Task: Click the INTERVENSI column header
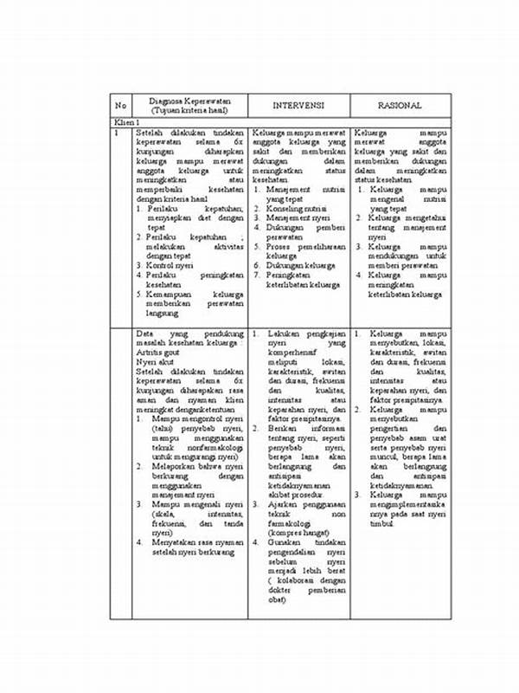point(298,106)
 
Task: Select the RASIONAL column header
point(400,106)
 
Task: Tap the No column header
point(120,106)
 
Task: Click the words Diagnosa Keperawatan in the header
point(188,100)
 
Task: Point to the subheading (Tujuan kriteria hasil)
point(188,111)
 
